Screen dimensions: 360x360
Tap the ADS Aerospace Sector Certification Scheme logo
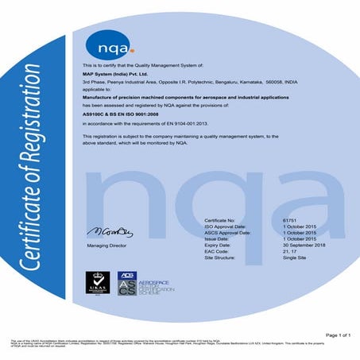(150, 285)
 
